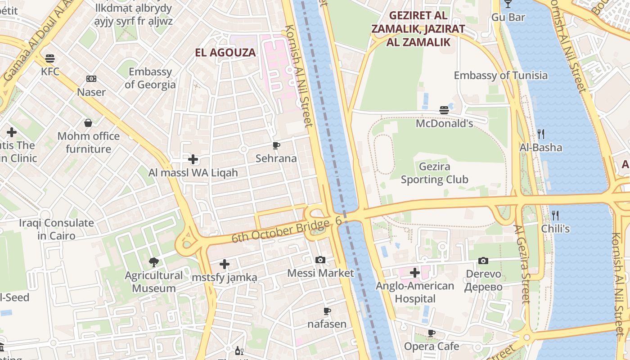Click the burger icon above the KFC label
pyautogui.click(x=50, y=58)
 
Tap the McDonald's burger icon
pyautogui.click(x=444, y=110)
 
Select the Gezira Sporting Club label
pyautogui.click(x=434, y=173)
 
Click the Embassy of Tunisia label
pyautogui.click(x=500, y=75)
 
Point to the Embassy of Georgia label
pyautogui.click(x=150, y=78)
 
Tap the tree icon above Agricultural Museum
pyautogui.click(x=154, y=262)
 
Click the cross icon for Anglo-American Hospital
pyautogui.click(x=415, y=273)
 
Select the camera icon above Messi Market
pyautogui.click(x=320, y=260)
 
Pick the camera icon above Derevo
pyautogui.click(x=483, y=261)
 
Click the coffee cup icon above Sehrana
pyautogui.click(x=276, y=145)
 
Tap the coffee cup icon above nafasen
pyautogui.click(x=327, y=311)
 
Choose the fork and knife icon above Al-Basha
pyautogui.click(x=541, y=134)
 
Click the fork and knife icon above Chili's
pyautogui.click(x=555, y=215)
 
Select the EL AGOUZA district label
pyautogui.click(x=225, y=53)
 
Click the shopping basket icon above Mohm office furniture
pyautogui.click(x=88, y=123)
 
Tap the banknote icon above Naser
pyautogui.click(x=91, y=79)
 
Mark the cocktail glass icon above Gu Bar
pyautogui.click(x=508, y=4)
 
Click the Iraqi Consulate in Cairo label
pyautogui.click(x=56, y=229)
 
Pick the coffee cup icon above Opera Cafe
pyautogui.click(x=431, y=333)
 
